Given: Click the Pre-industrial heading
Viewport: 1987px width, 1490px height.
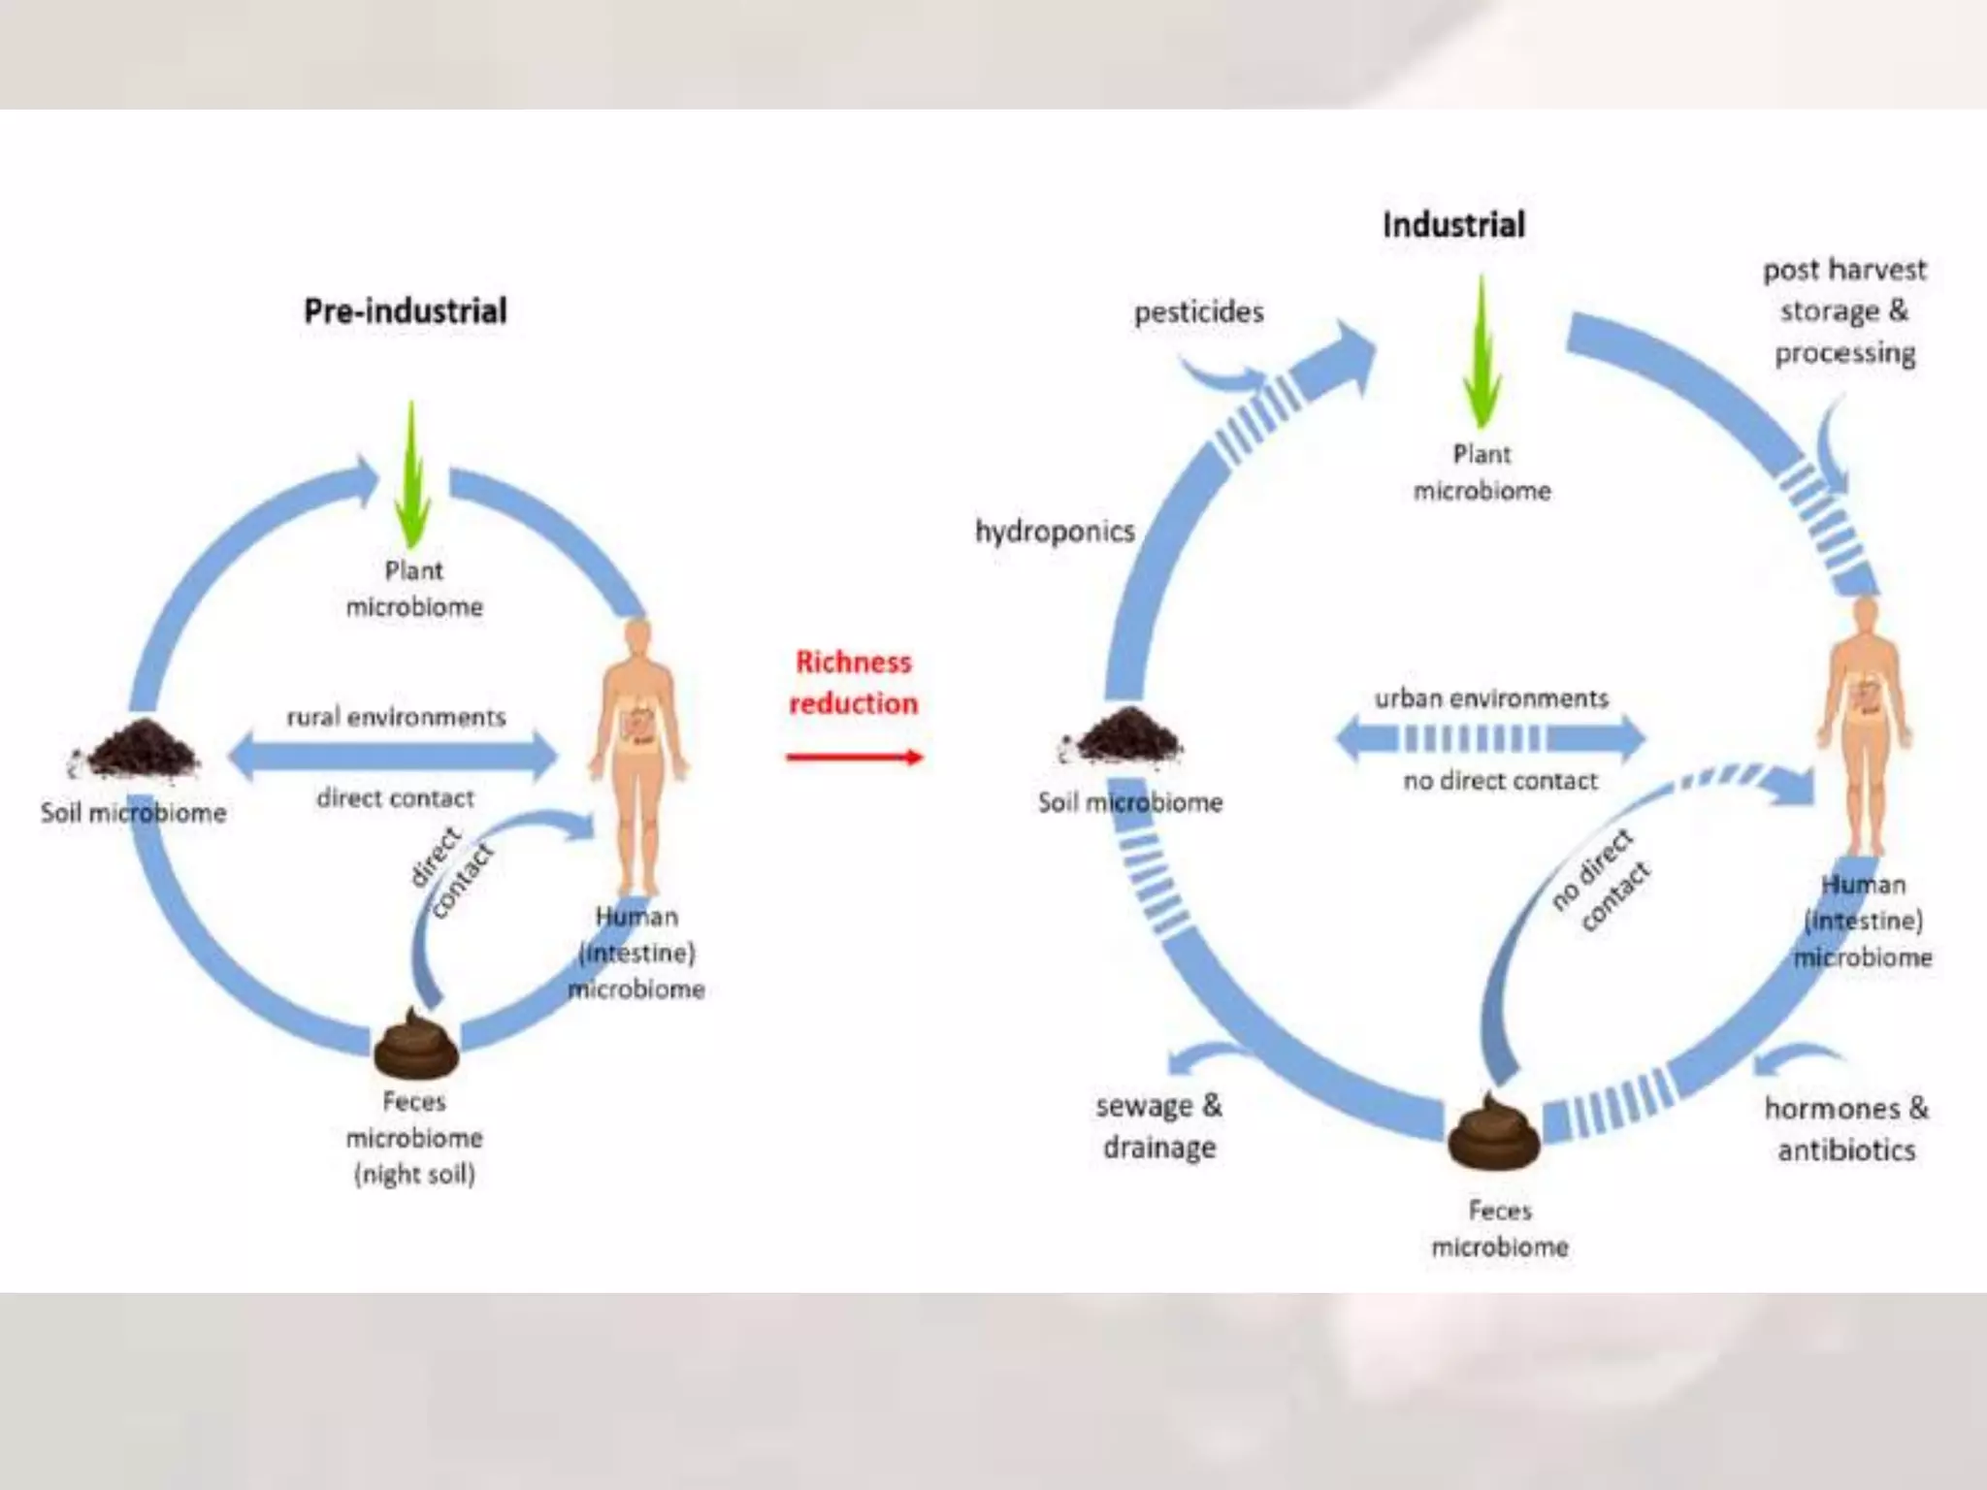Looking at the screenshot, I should coord(406,311).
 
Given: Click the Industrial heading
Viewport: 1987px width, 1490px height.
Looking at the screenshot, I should coord(1453,225).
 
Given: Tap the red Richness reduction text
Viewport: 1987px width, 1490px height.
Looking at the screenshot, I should coord(853,683).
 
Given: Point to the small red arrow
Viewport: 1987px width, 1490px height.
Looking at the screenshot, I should coord(854,758).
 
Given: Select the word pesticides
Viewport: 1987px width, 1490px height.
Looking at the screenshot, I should coord(1199,312).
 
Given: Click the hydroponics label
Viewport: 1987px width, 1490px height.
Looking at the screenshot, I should coord(1055,532).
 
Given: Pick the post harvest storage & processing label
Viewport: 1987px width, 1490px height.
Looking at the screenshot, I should coord(1844,311).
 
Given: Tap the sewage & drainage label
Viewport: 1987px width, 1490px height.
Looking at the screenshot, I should coord(1159,1126).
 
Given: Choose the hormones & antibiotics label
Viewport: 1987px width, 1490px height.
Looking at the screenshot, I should coord(1846,1129).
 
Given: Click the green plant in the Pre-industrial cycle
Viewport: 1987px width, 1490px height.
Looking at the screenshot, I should coord(413,475).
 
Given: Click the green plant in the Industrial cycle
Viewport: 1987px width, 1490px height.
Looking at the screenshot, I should coord(1481,353).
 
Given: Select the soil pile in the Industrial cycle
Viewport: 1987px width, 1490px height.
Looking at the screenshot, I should coord(1127,735).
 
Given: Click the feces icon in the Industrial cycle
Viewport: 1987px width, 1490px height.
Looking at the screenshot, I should coord(1494,1130).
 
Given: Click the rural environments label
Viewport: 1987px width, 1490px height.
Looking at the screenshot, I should coord(396,718).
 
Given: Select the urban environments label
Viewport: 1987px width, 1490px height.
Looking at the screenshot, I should coord(1491,698).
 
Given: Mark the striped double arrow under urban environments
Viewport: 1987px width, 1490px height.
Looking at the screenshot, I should coord(1491,739).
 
